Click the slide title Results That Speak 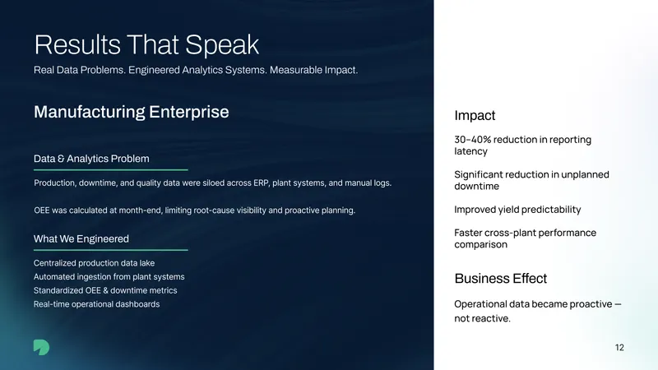[x=146, y=45]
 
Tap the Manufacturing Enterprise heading [x=132, y=112]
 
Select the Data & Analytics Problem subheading [x=91, y=159]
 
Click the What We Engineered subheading [x=81, y=239]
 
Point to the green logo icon [x=42, y=347]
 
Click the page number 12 [x=619, y=347]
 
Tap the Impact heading [x=475, y=115]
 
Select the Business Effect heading [x=501, y=279]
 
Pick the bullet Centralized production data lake [x=94, y=263]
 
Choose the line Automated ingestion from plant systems [x=109, y=277]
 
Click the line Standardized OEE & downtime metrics [x=105, y=290]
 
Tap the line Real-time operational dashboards [x=96, y=304]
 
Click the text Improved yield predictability [x=517, y=210]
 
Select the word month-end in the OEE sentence [x=141, y=210]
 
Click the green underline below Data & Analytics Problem [x=111, y=170]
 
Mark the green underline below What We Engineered [x=111, y=250]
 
